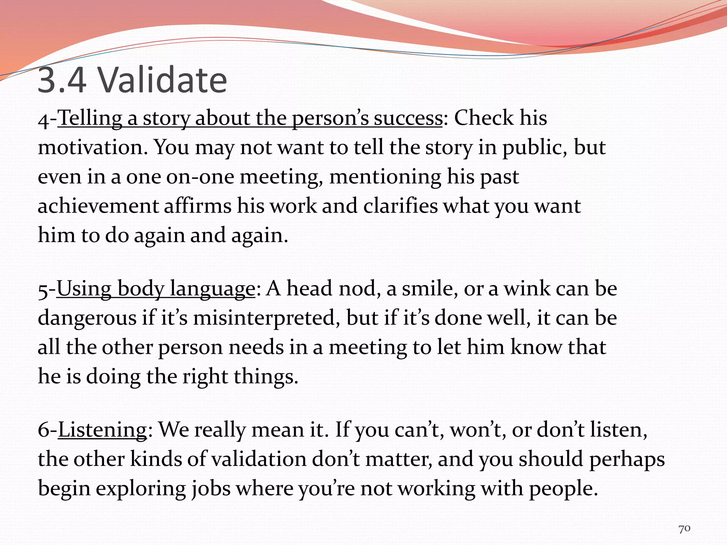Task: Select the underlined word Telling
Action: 90,118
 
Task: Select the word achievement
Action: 98,206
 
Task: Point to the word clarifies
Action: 400,206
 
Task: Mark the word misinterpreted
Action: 264,318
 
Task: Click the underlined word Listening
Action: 102,430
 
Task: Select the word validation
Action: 259,459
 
